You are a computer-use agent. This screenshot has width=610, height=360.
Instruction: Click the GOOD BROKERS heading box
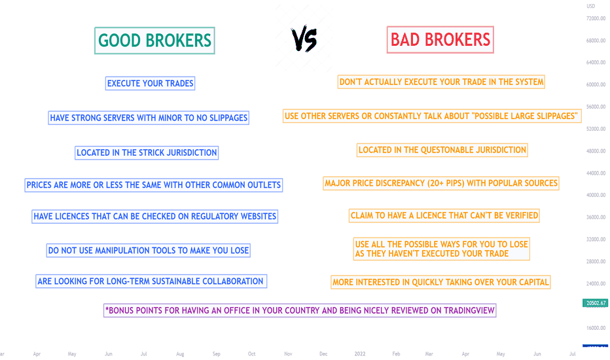(x=154, y=41)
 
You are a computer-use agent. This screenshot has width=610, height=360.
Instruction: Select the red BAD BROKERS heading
(x=440, y=40)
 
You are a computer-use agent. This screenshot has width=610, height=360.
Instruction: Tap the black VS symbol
(x=304, y=39)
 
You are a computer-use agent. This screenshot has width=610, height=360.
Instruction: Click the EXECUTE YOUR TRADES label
(x=150, y=83)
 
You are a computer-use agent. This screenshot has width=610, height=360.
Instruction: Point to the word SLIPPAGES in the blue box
(x=228, y=118)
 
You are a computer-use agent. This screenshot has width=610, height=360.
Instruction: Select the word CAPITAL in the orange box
(x=534, y=282)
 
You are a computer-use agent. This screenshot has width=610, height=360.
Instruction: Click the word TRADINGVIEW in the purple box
(x=469, y=310)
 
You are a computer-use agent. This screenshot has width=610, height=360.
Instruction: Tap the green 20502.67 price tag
(x=595, y=303)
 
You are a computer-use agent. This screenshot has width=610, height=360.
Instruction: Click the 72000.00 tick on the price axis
(x=596, y=18)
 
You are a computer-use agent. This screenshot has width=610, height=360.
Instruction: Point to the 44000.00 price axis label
(x=596, y=173)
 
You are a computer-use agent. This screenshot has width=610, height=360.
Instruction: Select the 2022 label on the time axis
(x=360, y=353)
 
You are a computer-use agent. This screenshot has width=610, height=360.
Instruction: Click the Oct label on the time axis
(x=252, y=353)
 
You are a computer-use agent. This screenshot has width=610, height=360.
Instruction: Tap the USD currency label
(x=591, y=7)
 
